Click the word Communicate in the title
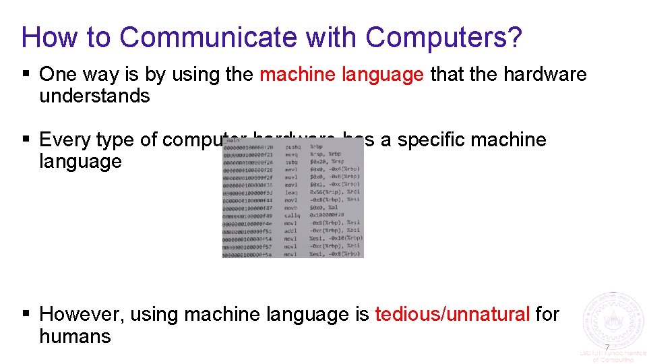coord(208,38)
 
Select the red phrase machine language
coord(342,74)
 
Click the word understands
coord(94,96)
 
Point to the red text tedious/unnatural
coord(452,314)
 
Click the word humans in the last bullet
coord(75,336)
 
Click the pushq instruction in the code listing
coord(292,146)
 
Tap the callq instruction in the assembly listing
coord(292,215)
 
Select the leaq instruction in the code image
coord(291,192)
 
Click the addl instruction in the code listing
coord(291,231)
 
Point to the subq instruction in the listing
coord(291,162)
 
